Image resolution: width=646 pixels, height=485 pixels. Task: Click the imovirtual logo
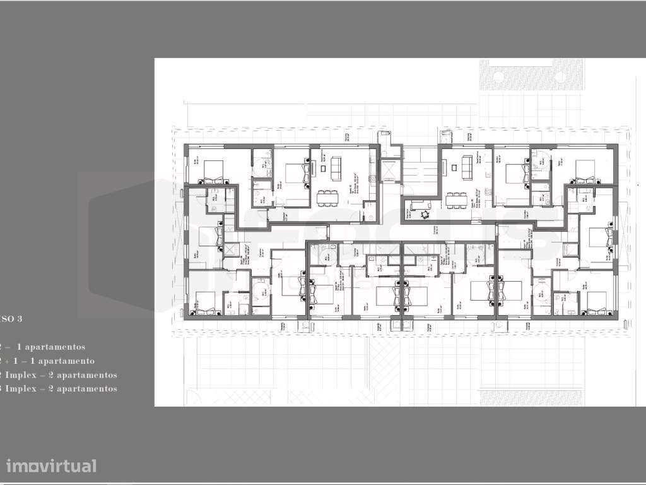click(x=52, y=466)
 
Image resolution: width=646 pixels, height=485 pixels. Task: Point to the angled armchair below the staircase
click(x=417, y=206)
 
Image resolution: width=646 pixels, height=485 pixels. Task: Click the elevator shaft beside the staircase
click(x=390, y=171)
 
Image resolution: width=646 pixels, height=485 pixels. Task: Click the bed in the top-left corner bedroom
click(x=213, y=169)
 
